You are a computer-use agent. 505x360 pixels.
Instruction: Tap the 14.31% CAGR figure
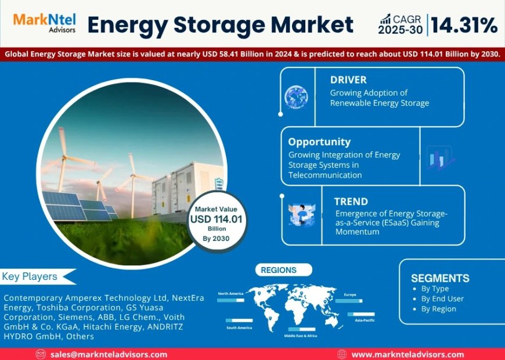pos(464,25)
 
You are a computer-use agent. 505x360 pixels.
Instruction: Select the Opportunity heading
pos(319,142)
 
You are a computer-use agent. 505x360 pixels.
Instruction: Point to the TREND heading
pos(351,201)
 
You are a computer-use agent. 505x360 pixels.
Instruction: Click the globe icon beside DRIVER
pos(296,98)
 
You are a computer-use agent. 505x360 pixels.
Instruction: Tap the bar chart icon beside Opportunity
pos(439,157)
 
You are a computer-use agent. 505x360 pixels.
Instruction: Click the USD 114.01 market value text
pos(218,219)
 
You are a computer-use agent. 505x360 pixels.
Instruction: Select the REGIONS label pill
pos(279,270)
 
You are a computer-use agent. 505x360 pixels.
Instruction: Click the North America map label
pos(230,294)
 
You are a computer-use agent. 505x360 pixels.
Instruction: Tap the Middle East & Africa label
pos(301,336)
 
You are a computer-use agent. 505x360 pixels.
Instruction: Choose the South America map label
pos(239,328)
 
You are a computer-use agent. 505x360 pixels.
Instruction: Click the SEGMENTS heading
pos(440,278)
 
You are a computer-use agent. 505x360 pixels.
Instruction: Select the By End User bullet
pos(442,298)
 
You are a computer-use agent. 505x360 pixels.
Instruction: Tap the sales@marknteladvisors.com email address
pos(109,354)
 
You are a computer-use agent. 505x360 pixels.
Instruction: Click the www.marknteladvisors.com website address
pos(407,354)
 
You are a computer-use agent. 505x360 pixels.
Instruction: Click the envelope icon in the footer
pos(41,354)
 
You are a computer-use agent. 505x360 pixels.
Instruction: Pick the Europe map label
pos(349,294)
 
